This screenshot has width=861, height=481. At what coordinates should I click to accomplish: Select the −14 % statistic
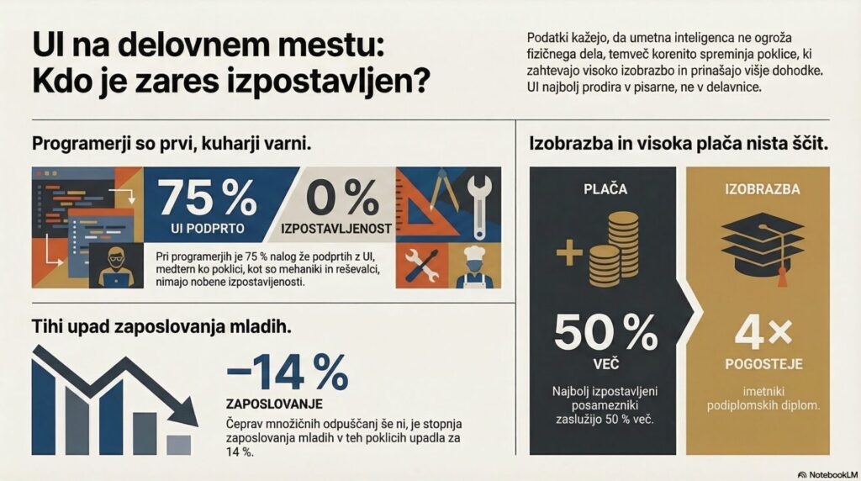(x=287, y=373)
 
